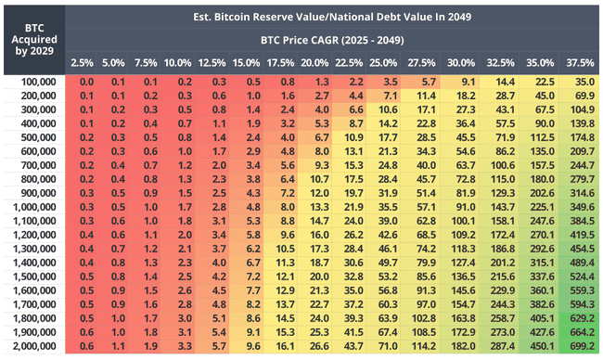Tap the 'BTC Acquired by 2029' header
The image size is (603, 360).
pos(33,41)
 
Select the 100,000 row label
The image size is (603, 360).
pos(33,83)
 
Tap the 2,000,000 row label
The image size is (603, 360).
pos(33,345)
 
